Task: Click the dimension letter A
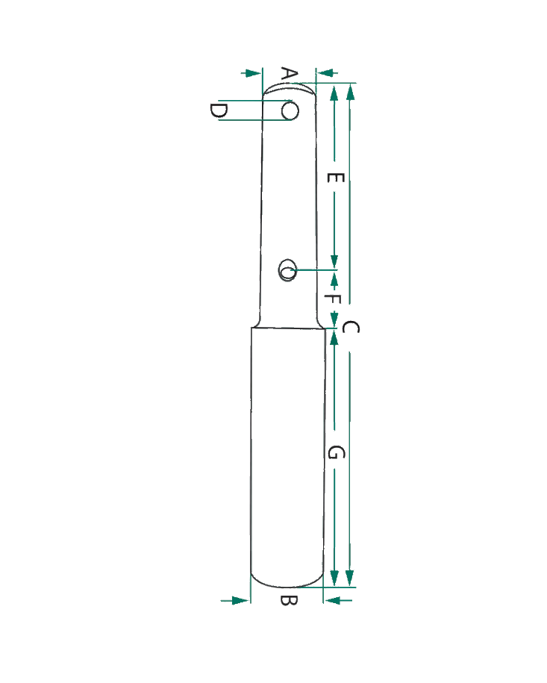(290, 75)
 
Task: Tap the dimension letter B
(289, 601)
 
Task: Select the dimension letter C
(351, 327)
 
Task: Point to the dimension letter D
(218, 110)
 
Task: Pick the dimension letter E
(336, 178)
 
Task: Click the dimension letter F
(333, 299)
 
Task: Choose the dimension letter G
(336, 453)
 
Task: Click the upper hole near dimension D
(290, 110)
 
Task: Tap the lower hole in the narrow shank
(287, 270)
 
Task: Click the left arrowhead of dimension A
(252, 73)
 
